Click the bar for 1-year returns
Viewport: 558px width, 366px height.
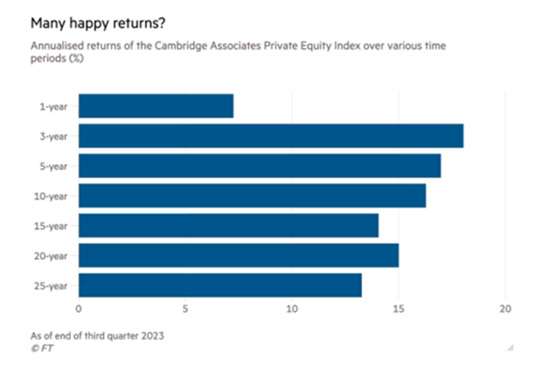[155, 106]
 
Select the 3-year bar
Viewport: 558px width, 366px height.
[270, 136]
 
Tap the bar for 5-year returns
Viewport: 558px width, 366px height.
[259, 166]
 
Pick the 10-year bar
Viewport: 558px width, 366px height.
[252, 196]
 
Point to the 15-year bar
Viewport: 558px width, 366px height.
[228, 225]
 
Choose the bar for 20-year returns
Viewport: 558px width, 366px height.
[238, 255]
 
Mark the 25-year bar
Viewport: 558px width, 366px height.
[220, 285]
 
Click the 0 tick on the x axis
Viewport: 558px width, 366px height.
[79, 309]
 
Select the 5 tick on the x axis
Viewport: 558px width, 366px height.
[185, 309]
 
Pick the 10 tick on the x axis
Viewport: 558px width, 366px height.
[292, 309]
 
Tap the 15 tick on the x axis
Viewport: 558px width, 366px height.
[398, 309]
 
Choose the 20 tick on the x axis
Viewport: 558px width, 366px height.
[506, 309]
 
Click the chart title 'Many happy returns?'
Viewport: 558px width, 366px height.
[96, 18]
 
